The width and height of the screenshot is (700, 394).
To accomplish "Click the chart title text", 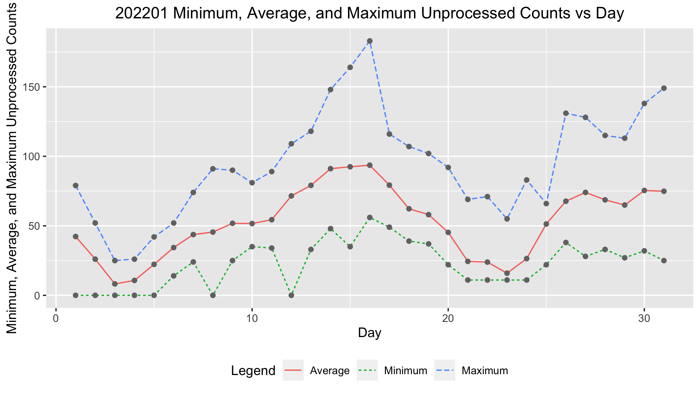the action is click(370, 14).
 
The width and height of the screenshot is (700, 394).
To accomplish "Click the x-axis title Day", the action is click(370, 333).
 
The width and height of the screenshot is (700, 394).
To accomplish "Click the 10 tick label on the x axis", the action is click(252, 318).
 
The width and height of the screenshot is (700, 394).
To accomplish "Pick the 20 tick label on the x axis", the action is click(448, 318).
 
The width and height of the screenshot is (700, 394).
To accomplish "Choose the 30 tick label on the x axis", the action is click(644, 318).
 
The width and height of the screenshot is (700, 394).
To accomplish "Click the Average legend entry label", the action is click(330, 371).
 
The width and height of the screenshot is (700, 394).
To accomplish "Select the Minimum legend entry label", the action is click(405, 371).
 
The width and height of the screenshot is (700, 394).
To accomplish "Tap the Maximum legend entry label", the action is click(485, 371).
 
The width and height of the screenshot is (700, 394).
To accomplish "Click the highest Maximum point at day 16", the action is click(370, 41).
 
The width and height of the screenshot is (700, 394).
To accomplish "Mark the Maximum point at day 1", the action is click(76, 186).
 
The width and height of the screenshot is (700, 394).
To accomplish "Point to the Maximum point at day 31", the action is click(664, 88).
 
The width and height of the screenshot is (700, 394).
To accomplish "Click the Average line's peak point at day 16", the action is click(370, 165).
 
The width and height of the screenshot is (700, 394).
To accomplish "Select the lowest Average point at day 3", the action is click(115, 284).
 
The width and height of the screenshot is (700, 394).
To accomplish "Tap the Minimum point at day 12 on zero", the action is click(291, 295).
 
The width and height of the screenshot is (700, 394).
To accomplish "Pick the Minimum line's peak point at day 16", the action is click(370, 217).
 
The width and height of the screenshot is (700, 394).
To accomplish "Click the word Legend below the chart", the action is click(253, 371).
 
